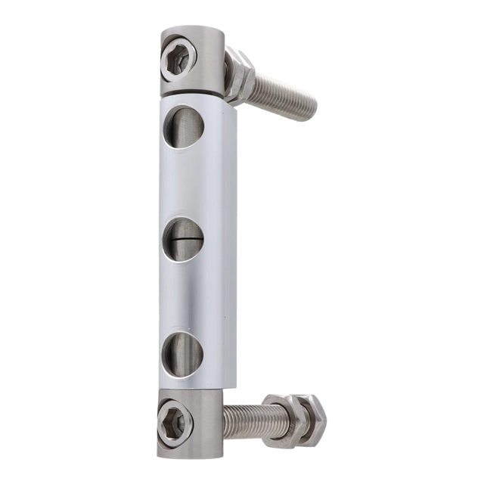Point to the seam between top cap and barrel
point(193,95)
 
